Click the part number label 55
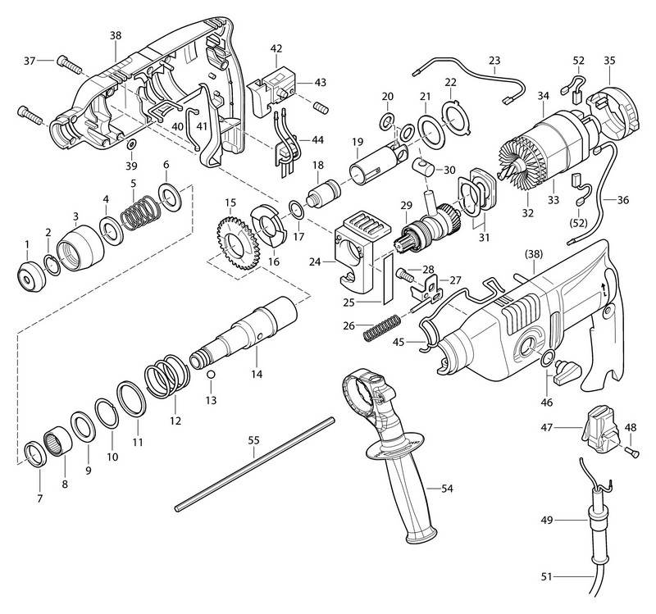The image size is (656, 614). pyautogui.click(x=253, y=440)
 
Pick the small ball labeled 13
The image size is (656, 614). pyautogui.click(x=211, y=375)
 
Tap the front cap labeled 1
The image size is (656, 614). pyautogui.click(x=30, y=278)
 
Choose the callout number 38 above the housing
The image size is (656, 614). pyautogui.click(x=115, y=36)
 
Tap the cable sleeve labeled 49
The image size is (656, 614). pyautogui.click(x=589, y=520)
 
